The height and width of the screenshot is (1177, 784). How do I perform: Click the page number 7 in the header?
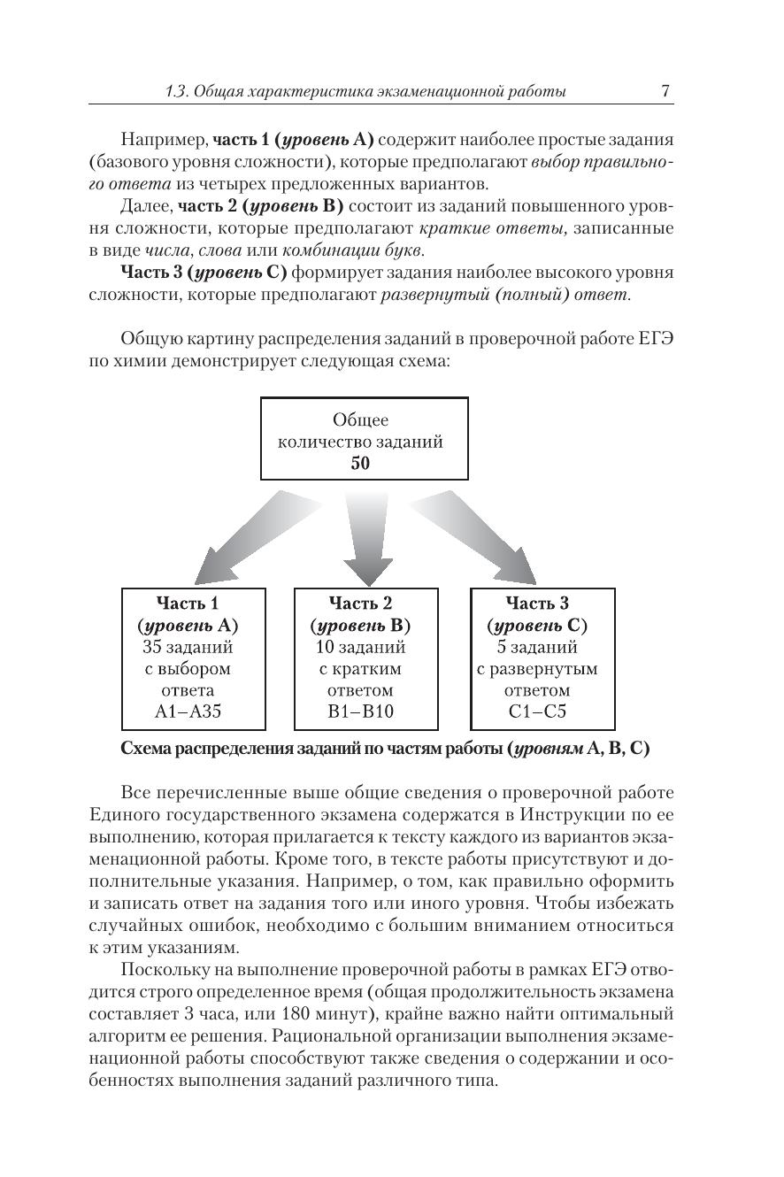pos(665,91)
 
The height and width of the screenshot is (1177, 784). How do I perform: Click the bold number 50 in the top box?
pos(360,463)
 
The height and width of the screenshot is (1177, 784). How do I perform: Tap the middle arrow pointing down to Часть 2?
pos(367,535)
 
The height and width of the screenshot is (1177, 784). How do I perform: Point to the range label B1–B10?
pos(360,712)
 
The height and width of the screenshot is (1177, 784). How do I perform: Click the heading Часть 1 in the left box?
pos(188,604)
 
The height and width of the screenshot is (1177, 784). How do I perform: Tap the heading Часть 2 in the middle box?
pos(360,604)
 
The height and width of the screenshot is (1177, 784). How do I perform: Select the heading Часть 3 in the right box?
pos(537,604)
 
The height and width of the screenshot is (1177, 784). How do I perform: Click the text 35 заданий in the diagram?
pos(188,647)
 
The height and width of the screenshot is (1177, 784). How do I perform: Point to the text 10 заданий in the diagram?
pos(360,647)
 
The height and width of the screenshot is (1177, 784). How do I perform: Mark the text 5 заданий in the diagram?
pos(537,647)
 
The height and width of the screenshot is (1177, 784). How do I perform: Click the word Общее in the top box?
pos(360,420)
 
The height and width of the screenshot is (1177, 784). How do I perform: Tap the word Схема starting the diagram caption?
pos(146,749)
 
